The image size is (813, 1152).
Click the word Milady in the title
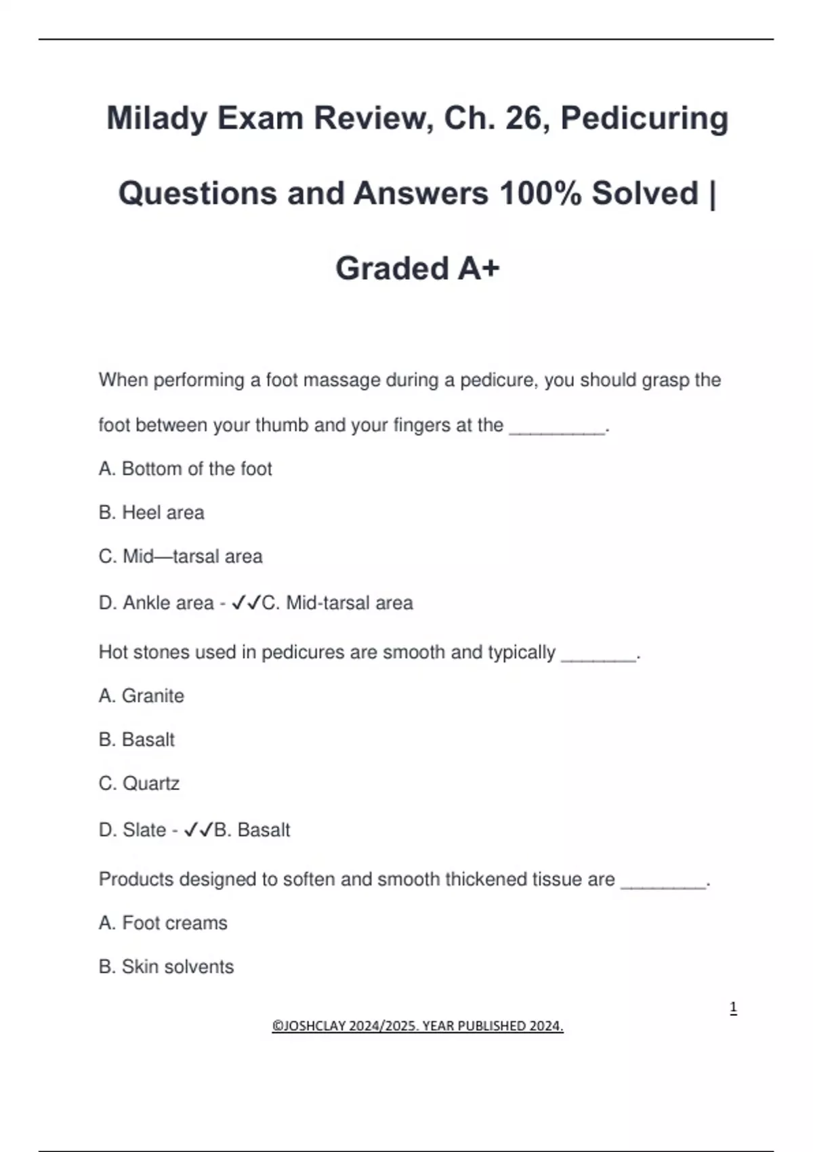157,119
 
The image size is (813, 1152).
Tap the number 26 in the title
523,119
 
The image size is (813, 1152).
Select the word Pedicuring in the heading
644,119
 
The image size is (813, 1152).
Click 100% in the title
539,194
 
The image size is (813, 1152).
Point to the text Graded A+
417,268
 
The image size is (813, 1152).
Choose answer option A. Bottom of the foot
185,469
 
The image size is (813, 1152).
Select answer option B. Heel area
151,513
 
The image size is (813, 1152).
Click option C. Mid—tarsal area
180,557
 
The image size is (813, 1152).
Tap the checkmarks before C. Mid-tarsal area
246,602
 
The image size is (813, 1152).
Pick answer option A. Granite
141,696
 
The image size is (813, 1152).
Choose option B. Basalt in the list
136,740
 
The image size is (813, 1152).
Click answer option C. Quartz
139,784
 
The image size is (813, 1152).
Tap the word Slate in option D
144,830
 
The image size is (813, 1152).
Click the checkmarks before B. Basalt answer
199,829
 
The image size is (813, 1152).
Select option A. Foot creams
163,923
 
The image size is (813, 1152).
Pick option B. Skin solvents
166,967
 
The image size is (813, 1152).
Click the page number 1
733,1008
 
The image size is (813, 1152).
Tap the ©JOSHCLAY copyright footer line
417,1026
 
